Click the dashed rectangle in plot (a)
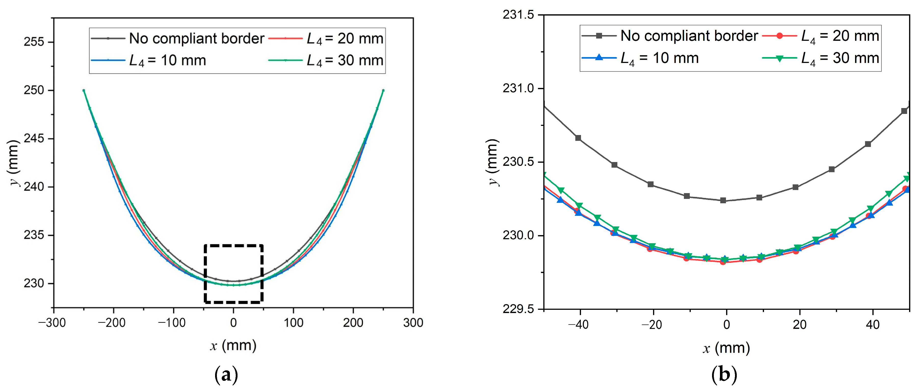coord(234,246)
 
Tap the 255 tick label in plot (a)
coord(34,42)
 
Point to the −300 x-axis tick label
coord(52,323)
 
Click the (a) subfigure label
coord(226,375)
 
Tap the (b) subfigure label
coord(724,375)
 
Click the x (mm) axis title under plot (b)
coord(726,348)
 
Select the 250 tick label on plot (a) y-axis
coord(34,90)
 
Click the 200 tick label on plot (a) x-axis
coord(353,323)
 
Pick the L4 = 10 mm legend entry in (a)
coord(167,60)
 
